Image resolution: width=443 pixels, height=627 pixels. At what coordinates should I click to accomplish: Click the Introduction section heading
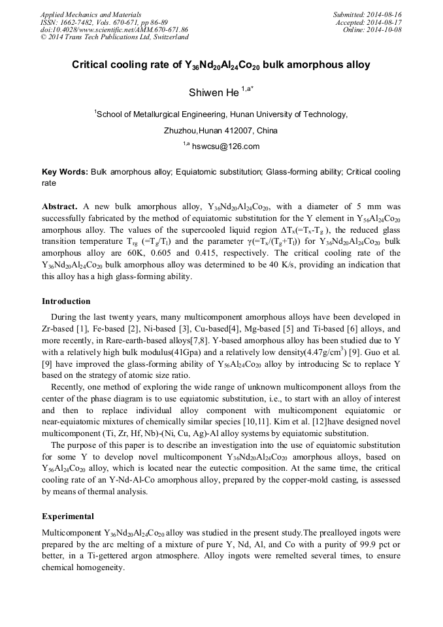point(66,301)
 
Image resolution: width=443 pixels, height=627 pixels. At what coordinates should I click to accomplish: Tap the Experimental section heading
point(67,516)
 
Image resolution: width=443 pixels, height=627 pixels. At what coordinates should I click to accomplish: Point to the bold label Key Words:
point(65,172)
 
